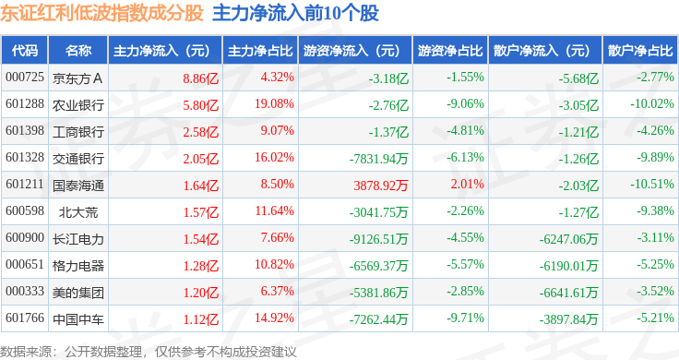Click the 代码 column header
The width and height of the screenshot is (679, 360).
click(25, 51)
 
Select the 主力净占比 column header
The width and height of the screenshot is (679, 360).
click(260, 51)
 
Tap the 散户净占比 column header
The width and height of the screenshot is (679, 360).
click(640, 51)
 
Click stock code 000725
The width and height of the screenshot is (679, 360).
click(25, 78)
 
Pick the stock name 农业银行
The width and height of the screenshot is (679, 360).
click(77, 105)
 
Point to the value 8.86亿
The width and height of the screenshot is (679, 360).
click(200, 78)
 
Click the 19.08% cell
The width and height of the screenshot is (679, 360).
click(274, 104)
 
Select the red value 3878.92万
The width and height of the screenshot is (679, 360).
click(381, 186)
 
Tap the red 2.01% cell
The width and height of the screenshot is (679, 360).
click(467, 184)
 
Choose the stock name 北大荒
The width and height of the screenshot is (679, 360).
click(77, 212)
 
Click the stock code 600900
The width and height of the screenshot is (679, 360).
click(25, 238)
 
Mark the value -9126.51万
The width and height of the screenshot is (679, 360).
click(379, 239)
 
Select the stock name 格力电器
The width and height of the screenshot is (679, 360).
click(77, 266)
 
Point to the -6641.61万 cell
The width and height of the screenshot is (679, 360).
click(568, 293)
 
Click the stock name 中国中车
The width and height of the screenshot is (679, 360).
click(77, 319)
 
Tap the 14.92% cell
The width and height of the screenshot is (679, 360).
click(274, 318)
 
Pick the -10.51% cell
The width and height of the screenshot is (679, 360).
click(652, 184)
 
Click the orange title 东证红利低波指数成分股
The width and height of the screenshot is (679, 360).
click(101, 13)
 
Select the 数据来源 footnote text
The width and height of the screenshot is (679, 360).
click(149, 352)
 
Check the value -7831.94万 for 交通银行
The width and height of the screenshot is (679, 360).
click(379, 159)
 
